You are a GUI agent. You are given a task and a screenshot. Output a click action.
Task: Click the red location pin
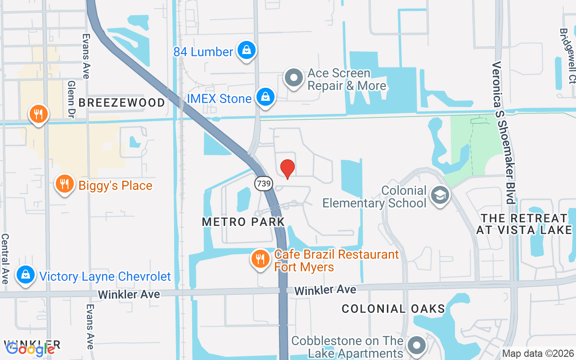(288, 168)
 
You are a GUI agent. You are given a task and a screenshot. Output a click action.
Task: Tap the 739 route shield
(262, 183)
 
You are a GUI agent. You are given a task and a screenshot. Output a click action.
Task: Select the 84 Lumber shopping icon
(247, 50)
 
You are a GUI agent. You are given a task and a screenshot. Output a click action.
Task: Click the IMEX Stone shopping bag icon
(266, 97)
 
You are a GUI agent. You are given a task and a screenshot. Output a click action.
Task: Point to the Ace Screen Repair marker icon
(294, 78)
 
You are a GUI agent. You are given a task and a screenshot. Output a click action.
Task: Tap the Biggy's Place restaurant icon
(65, 184)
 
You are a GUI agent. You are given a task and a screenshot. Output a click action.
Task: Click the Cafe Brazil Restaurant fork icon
(260, 259)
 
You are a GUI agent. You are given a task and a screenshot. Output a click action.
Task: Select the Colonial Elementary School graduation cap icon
(440, 196)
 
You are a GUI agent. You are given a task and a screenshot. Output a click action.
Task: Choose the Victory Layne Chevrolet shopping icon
(26, 275)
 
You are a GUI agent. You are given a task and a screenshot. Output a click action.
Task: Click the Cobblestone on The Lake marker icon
(417, 346)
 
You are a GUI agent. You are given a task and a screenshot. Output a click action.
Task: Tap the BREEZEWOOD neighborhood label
(122, 103)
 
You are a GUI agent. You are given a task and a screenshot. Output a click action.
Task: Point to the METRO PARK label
(243, 222)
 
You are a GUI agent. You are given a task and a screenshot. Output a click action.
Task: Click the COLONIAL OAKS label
(393, 309)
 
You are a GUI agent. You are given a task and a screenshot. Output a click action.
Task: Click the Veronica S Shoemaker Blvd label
(504, 133)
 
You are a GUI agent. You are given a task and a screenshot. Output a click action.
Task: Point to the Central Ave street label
(5, 258)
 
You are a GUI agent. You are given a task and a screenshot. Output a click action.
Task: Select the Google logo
(31, 349)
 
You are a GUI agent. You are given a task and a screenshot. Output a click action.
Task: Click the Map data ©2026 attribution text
(538, 354)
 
